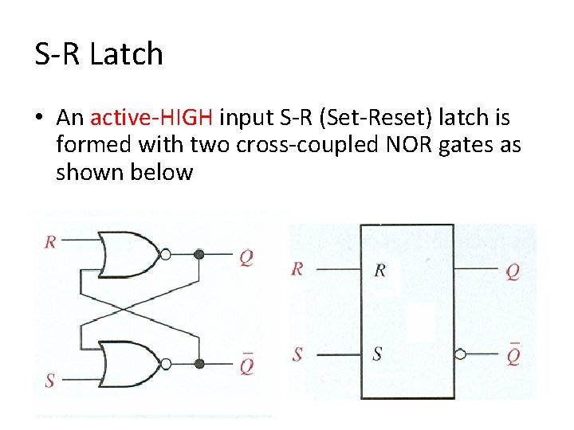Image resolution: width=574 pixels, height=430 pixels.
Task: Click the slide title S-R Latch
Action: (99, 54)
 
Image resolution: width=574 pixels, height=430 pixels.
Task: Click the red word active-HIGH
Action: (151, 118)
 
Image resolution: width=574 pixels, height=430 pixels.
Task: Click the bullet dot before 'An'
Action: (38, 119)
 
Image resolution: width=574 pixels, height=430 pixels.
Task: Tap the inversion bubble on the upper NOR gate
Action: (165, 255)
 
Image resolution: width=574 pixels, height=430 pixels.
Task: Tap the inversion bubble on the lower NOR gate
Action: (165, 364)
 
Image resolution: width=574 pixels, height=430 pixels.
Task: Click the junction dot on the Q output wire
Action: (199, 255)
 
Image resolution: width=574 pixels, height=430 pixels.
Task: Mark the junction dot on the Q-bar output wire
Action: (199, 364)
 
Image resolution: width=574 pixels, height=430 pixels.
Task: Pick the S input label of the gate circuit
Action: (50, 381)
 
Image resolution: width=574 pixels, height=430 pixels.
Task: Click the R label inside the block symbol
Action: (379, 270)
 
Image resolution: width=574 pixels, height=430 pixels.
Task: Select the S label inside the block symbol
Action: (378, 353)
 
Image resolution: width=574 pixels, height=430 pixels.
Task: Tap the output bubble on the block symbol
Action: (460, 353)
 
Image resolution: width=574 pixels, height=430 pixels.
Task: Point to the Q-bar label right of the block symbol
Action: (513, 353)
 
